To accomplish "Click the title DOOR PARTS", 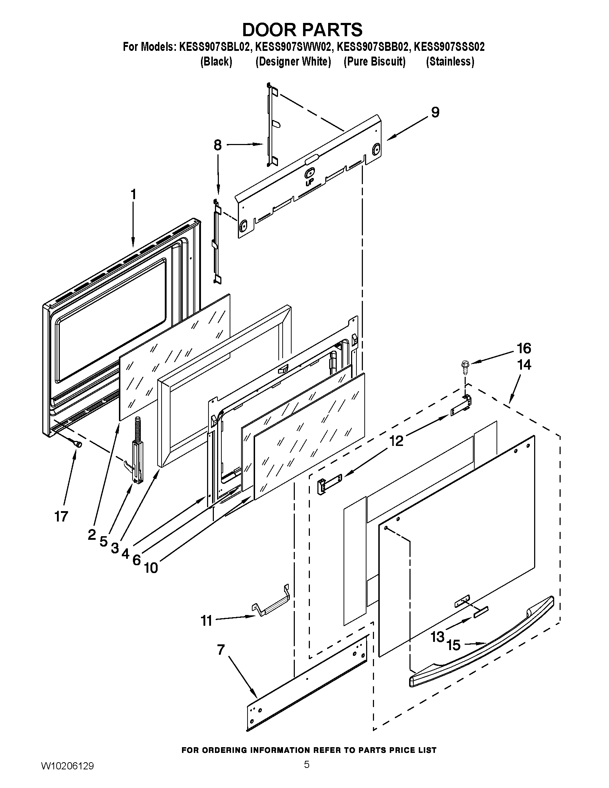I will (302, 30).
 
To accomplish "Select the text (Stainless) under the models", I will (450, 62).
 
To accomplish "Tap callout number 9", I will (435, 112).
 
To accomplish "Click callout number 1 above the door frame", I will (133, 194).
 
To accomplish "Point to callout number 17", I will (61, 516).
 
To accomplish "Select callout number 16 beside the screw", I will (524, 349).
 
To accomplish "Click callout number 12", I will (397, 441).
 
